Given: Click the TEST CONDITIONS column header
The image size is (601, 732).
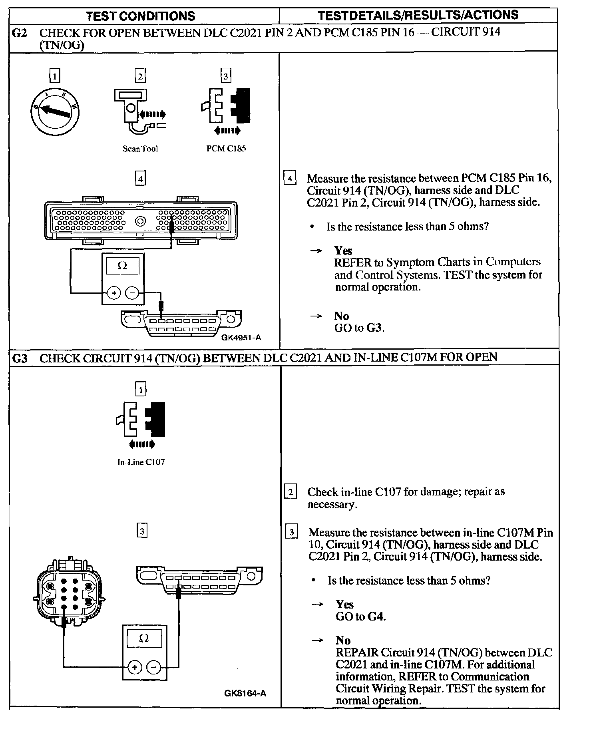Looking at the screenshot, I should [x=141, y=16].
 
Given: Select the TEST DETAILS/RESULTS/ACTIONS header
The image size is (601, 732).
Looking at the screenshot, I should [x=418, y=15].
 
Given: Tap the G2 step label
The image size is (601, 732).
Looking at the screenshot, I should [x=20, y=33].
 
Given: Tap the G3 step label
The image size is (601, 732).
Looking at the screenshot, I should [x=20, y=358].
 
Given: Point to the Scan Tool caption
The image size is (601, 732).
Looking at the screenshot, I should [x=140, y=149].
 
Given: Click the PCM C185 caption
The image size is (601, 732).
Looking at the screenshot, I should [x=226, y=149].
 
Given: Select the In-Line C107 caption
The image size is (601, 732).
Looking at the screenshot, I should [x=141, y=462].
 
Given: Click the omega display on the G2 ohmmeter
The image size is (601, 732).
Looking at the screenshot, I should [x=123, y=266].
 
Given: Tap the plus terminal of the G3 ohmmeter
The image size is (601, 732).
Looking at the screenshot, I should [x=135, y=667].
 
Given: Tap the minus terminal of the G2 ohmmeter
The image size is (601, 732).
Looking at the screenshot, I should [x=132, y=293].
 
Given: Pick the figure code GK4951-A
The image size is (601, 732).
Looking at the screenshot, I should [x=241, y=338].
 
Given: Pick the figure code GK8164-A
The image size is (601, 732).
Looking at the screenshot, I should [x=245, y=694].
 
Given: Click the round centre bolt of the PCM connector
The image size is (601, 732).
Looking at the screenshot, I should [x=140, y=221].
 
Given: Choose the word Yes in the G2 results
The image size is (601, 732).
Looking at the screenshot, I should [x=343, y=251].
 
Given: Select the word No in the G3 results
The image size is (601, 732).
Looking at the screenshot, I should [x=343, y=640].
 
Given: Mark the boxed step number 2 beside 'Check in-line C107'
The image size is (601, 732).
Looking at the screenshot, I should [x=291, y=491].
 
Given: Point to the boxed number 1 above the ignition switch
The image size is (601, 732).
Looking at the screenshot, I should [x=55, y=76].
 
